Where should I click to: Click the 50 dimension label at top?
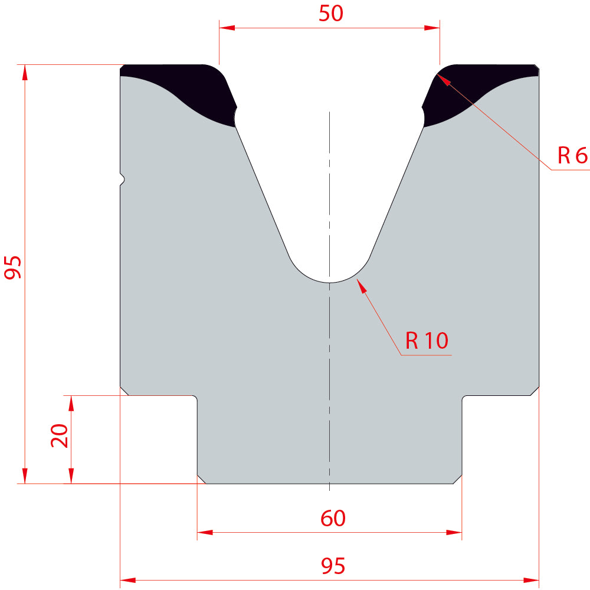tap(331, 13)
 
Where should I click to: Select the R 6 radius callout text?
tap(572, 155)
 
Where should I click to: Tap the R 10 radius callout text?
tap(427, 340)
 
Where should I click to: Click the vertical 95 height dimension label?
tap(13, 267)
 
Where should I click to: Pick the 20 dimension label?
tap(60, 435)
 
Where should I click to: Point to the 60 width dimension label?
tap(333, 518)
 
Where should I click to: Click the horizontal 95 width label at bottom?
tap(333, 566)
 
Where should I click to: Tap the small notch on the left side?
tap(123, 179)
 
